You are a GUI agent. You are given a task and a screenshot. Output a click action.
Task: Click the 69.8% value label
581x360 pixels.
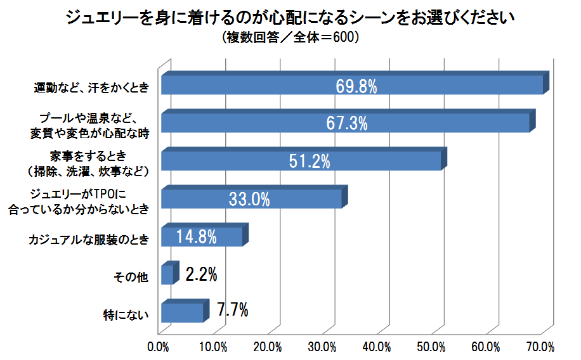(x=356, y=86)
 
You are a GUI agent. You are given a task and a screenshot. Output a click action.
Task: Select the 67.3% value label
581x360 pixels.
(x=346, y=123)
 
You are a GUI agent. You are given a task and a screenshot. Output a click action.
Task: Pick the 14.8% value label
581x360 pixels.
(x=197, y=237)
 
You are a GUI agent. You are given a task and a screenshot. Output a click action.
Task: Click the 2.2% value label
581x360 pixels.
(x=202, y=274)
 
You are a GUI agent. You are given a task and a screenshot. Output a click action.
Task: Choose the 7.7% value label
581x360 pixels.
(x=232, y=311)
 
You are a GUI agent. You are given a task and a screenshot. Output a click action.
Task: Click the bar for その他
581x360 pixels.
(x=167, y=274)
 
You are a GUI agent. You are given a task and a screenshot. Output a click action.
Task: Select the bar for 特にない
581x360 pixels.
(x=183, y=312)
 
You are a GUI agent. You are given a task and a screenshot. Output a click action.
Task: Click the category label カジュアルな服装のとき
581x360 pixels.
(x=89, y=240)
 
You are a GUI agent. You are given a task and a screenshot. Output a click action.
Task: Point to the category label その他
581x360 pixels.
(x=130, y=277)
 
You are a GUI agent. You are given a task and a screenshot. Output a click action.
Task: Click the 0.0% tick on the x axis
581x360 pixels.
(x=157, y=347)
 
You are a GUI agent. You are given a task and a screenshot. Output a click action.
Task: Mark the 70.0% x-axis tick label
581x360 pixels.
(x=541, y=347)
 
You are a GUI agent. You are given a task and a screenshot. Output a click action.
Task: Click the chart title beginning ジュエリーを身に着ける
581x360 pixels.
(x=290, y=18)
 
